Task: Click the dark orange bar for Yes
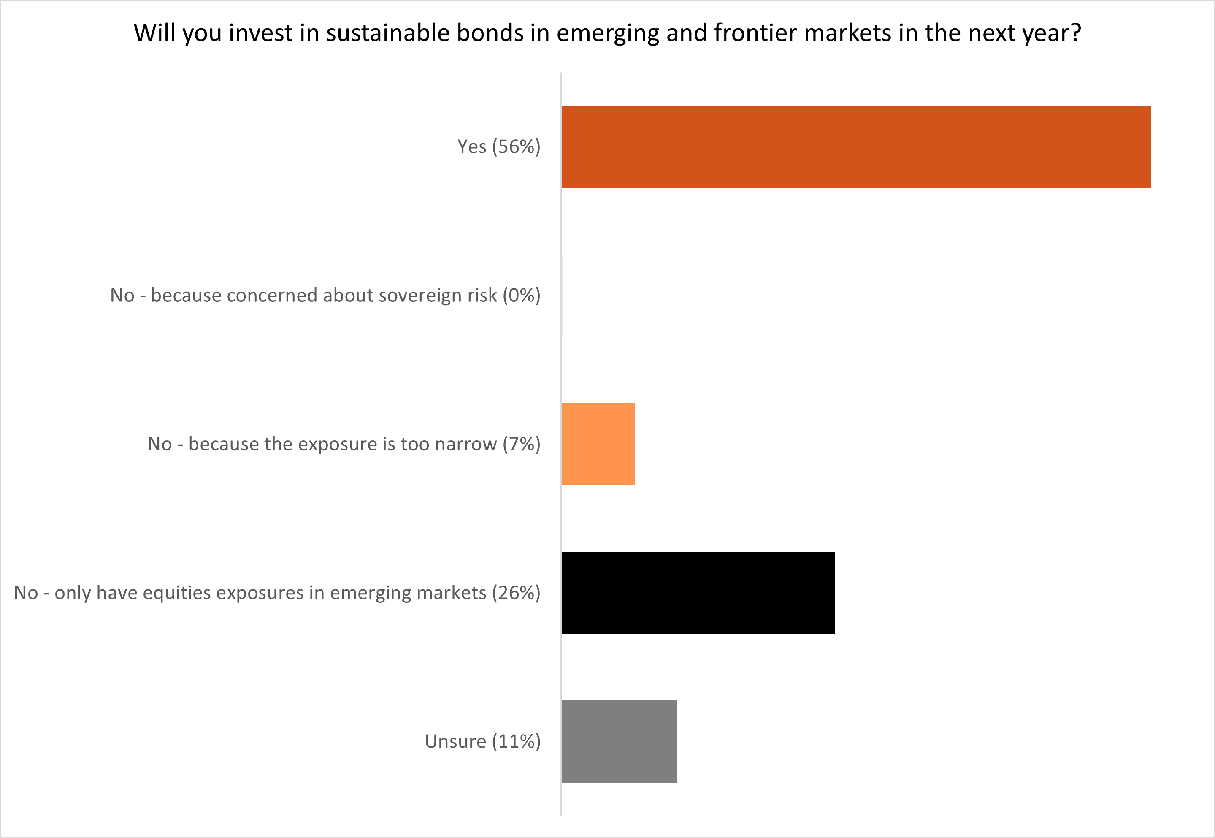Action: [855, 146]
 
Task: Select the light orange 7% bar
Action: [598, 444]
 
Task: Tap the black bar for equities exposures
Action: [698, 593]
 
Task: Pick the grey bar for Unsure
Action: [619, 741]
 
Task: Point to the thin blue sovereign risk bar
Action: [562, 296]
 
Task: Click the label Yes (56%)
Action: [498, 146]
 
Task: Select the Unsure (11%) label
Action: [482, 741]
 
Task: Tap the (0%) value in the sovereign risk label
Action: [521, 296]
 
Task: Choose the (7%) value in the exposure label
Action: [521, 444]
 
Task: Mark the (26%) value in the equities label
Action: [516, 593]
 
